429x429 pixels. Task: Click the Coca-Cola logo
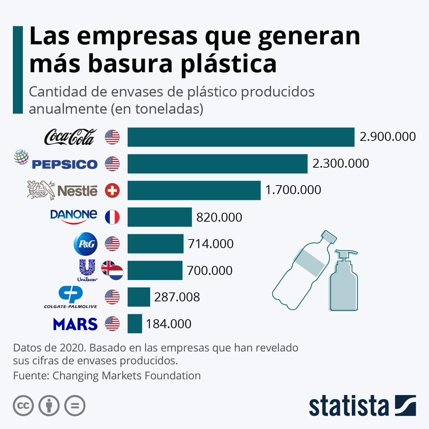[x=70, y=137]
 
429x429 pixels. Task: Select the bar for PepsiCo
[x=217, y=164]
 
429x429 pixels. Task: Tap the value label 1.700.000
[x=293, y=190]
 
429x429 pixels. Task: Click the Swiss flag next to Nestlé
[x=112, y=190]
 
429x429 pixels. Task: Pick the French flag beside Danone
[x=112, y=217]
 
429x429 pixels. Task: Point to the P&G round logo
[x=85, y=244]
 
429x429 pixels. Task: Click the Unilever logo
[x=87, y=270]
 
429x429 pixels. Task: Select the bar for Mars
[x=135, y=324]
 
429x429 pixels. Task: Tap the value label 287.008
[x=177, y=297]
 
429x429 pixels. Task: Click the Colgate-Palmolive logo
[x=71, y=297]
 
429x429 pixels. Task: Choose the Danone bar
[x=159, y=217]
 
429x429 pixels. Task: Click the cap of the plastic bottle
[x=329, y=237]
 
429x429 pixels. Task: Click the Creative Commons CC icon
[x=23, y=406]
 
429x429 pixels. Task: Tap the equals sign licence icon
[x=75, y=406]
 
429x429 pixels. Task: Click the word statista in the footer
[x=349, y=406]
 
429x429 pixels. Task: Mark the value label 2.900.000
[x=388, y=137]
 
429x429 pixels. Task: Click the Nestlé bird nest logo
[x=41, y=189]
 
